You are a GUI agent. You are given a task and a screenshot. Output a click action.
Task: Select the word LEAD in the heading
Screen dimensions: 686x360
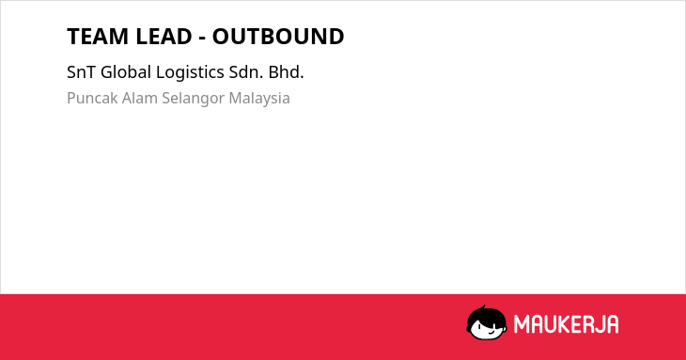(x=164, y=37)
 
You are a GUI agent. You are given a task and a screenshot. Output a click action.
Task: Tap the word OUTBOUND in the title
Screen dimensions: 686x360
(x=278, y=37)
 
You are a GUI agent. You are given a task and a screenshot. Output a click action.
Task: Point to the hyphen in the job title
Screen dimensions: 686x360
(x=202, y=39)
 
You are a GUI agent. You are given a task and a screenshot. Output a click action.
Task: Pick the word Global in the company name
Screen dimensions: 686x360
(x=126, y=72)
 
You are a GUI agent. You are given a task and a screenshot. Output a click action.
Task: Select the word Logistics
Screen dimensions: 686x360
(x=190, y=72)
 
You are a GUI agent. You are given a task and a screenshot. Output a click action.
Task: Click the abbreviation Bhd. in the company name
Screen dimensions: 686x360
(x=286, y=72)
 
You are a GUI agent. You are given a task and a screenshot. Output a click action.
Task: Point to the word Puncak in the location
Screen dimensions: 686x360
(x=92, y=98)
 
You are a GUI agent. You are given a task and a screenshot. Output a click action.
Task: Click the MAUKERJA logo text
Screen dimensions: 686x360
(x=566, y=324)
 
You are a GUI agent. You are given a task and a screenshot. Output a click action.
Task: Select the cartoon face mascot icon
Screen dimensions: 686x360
(x=487, y=322)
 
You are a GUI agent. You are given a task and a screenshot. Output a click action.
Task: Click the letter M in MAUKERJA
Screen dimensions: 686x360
(x=521, y=324)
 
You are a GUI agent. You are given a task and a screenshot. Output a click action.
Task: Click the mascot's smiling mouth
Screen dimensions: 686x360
(x=490, y=334)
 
